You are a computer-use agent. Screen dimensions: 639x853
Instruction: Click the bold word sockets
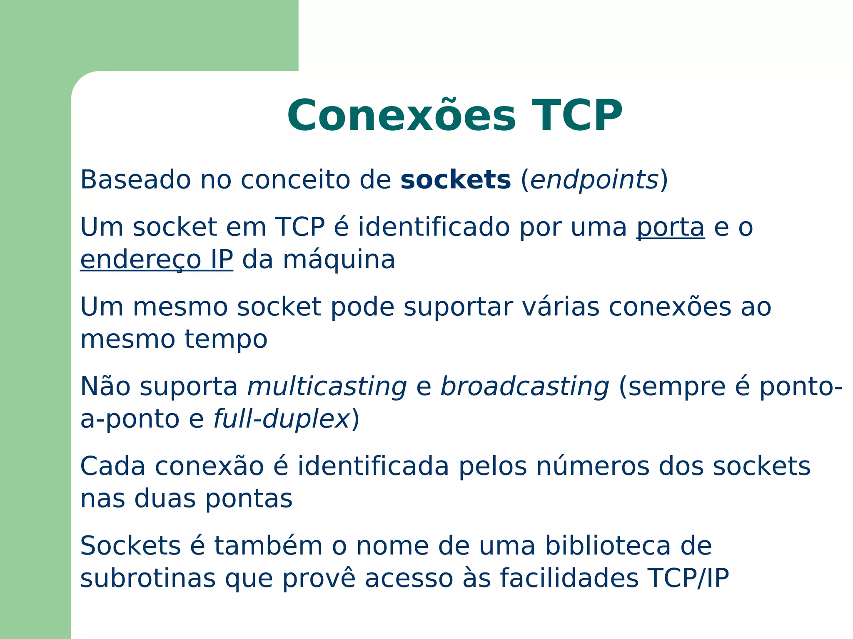tap(455, 180)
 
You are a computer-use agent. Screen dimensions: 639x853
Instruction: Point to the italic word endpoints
tap(594, 181)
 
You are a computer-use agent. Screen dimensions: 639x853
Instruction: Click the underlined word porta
tap(670, 227)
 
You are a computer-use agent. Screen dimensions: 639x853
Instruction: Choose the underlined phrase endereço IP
tap(156, 260)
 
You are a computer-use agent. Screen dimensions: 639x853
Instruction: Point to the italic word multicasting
tap(327, 387)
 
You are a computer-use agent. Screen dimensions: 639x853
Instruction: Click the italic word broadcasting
tap(525, 387)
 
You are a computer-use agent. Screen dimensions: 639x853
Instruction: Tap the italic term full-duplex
tap(281, 419)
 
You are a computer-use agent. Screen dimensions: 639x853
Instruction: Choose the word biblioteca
tap(608, 546)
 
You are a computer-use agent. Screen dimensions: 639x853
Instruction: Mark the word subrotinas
tap(148, 578)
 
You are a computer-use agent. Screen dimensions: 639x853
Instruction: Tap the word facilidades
tap(569, 578)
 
